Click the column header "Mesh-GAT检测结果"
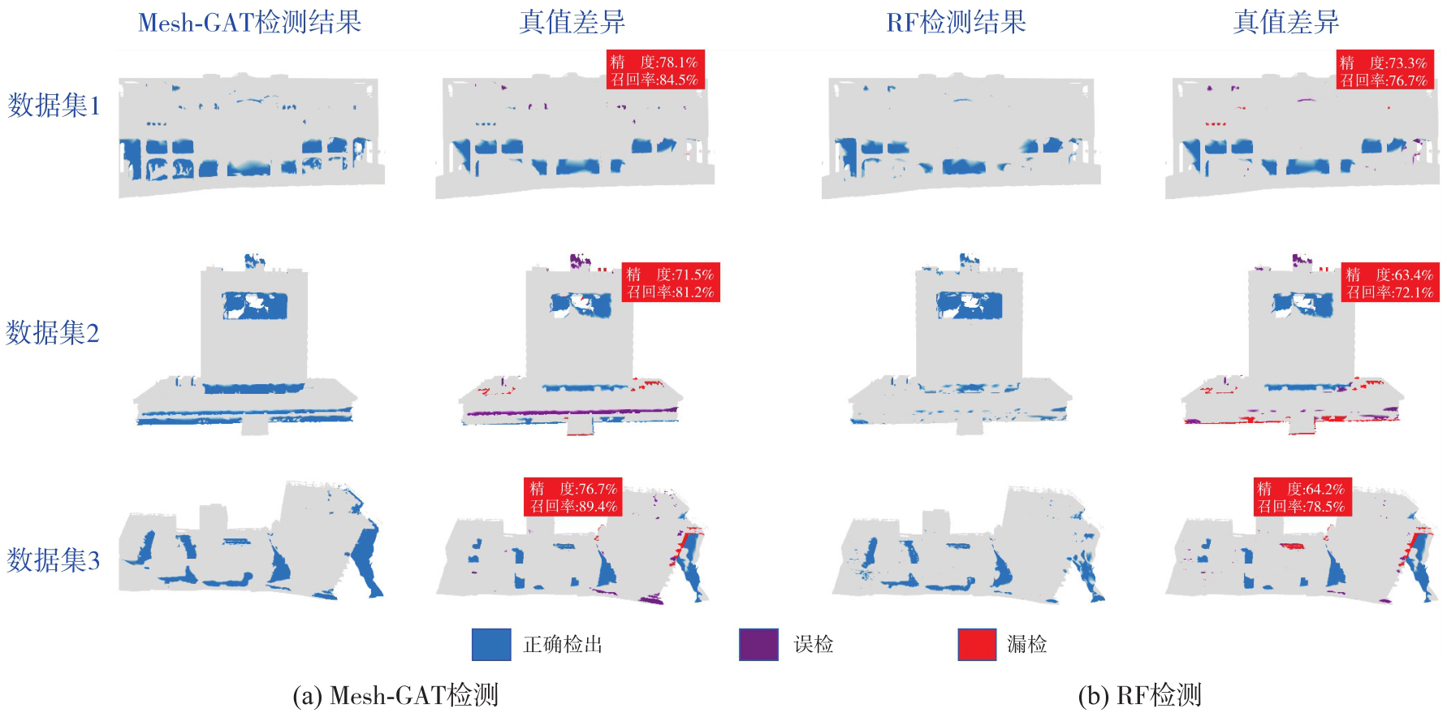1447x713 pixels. click(x=250, y=23)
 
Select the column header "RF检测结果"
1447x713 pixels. click(x=956, y=23)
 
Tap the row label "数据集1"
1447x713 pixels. click(x=54, y=106)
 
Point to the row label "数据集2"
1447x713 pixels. click(x=53, y=333)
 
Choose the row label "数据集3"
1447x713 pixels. click(x=54, y=560)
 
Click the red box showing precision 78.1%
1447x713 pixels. click(x=654, y=70)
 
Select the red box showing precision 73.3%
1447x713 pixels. click(x=1385, y=71)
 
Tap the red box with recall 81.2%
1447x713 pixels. click(x=671, y=283)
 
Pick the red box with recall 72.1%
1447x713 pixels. click(x=1390, y=283)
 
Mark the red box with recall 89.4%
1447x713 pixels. click(x=573, y=497)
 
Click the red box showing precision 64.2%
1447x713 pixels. click(x=1302, y=497)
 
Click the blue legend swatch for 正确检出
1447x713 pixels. click(x=491, y=645)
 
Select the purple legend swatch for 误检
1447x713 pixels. click(x=758, y=645)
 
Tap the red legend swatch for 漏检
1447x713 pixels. click(x=977, y=645)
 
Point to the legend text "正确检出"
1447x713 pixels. click(x=563, y=645)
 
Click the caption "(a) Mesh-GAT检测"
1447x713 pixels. click(x=395, y=696)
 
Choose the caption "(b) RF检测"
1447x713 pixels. click(x=1139, y=696)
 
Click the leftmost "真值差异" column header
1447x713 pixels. click(x=572, y=23)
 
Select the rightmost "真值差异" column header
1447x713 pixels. click(x=1286, y=23)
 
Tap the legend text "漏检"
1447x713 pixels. click(x=1027, y=645)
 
